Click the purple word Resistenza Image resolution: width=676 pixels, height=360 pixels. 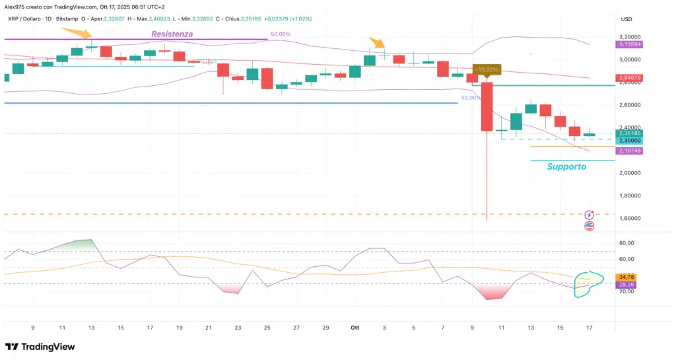tap(172, 34)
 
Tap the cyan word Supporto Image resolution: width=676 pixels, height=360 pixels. tap(566, 167)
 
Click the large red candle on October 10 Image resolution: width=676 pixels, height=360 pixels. tap(488, 106)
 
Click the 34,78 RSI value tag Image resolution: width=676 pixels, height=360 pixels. tap(626, 276)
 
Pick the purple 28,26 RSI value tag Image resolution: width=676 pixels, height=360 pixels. tap(626, 285)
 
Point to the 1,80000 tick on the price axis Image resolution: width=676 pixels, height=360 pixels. tap(632, 196)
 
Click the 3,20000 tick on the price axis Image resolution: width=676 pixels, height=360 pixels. tap(632, 37)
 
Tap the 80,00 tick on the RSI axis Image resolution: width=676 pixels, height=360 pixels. tap(626, 243)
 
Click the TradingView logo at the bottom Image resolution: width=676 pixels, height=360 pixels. tap(40, 347)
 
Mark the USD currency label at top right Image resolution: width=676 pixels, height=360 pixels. tap(626, 18)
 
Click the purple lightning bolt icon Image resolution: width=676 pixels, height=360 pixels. tap(590, 215)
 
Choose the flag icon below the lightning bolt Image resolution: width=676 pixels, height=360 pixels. tap(590, 226)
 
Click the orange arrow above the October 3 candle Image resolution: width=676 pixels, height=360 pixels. tap(377, 43)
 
